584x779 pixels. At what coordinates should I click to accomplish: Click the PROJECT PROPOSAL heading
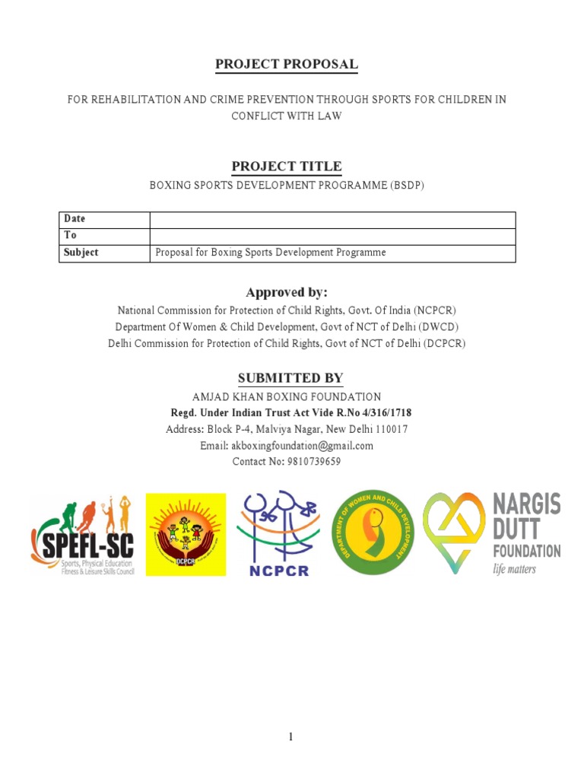click(x=287, y=65)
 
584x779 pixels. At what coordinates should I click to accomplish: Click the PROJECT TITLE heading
click(x=287, y=167)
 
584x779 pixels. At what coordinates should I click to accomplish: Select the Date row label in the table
click(x=75, y=219)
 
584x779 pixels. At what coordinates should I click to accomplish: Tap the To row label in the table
click(x=70, y=236)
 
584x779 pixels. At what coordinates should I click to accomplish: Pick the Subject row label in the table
click(x=81, y=253)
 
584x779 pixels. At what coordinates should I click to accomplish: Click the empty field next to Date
click(x=332, y=219)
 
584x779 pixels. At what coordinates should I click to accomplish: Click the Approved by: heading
click(x=287, y=293)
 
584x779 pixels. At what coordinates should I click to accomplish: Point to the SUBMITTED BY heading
click(x=290, y=378)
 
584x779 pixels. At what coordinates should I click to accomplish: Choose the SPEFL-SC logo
click(x=82, y=534)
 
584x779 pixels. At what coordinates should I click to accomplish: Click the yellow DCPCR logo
click(x=186, y=534)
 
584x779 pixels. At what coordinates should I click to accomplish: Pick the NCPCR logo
click(x=279, y=534)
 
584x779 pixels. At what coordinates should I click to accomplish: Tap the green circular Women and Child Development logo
click(x=373, y=533)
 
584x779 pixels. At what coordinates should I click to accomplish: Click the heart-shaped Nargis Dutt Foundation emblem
click(x=454, y=533)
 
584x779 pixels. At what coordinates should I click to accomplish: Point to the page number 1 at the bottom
click(x=291, y=737)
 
